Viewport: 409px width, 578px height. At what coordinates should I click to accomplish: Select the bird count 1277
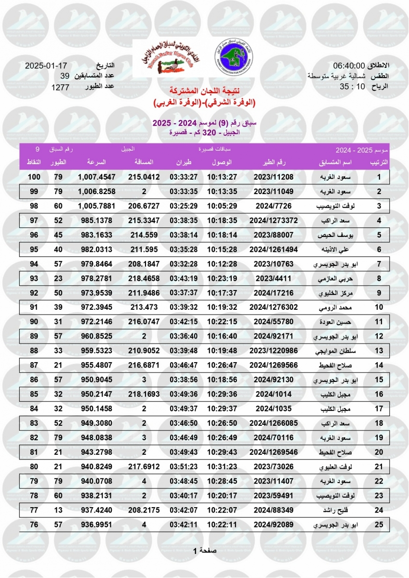[60, 87]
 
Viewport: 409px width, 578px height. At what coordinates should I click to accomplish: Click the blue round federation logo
[231, 54]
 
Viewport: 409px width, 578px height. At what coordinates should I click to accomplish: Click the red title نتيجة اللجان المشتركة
[205, 91]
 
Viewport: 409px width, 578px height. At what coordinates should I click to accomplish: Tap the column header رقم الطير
[274, 163]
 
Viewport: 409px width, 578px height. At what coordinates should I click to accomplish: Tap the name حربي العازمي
[330, 278]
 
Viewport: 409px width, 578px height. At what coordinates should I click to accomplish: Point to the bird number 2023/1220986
[274, 351]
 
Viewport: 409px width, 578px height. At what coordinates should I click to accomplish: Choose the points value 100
[34, 177]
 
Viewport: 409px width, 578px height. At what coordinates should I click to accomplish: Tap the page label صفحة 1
[205, 551]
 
